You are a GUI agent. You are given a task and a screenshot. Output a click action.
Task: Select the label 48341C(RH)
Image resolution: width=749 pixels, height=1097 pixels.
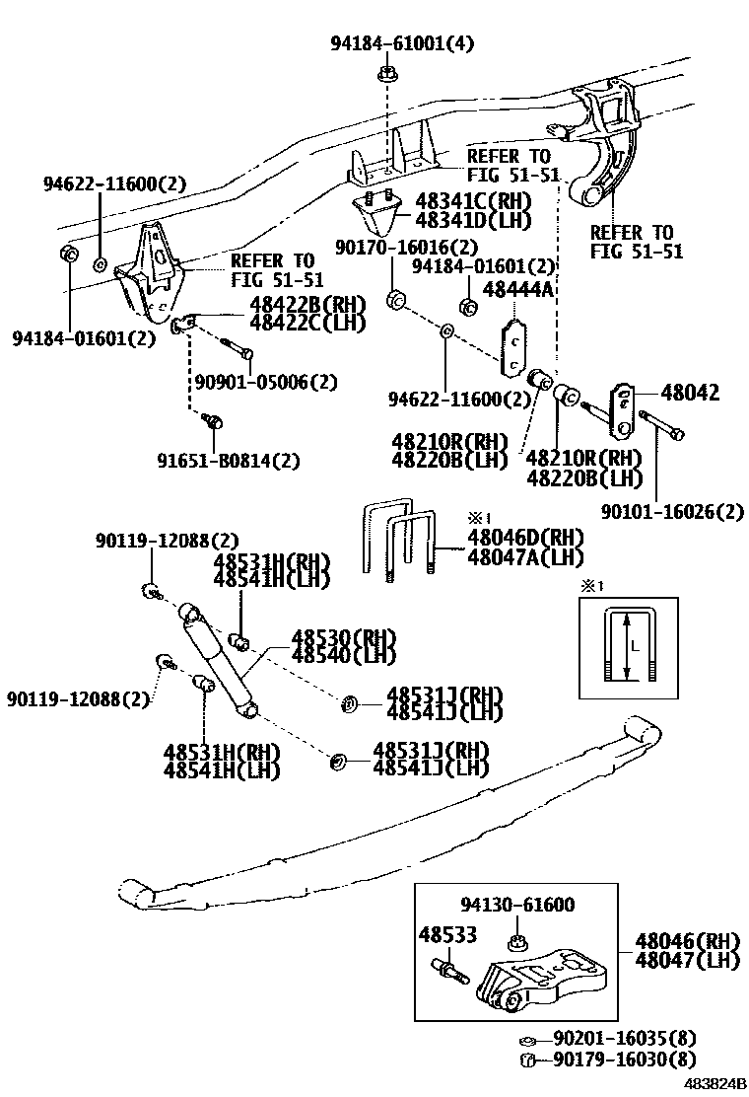click(x=472, y=200)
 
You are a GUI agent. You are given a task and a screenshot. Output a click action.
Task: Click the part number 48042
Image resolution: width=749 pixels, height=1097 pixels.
click(x=691, y=393)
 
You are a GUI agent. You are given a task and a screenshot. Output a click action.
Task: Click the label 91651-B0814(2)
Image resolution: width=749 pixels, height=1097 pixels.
click(x=229, y=460)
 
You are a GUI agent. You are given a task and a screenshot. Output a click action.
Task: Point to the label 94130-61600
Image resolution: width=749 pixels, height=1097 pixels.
click(x=518, y=905)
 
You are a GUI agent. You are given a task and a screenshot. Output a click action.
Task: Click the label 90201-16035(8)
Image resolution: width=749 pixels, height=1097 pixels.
click(x=624, y=1038)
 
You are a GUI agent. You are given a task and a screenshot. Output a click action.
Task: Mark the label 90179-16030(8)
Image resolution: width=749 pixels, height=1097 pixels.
click(x=624, y=1060)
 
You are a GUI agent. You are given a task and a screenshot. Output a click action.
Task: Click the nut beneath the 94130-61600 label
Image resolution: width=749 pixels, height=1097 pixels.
click(x=515, y=937)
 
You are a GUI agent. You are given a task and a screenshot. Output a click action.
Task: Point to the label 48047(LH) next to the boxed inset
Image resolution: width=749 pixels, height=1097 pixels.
click(x=688, y=960)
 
